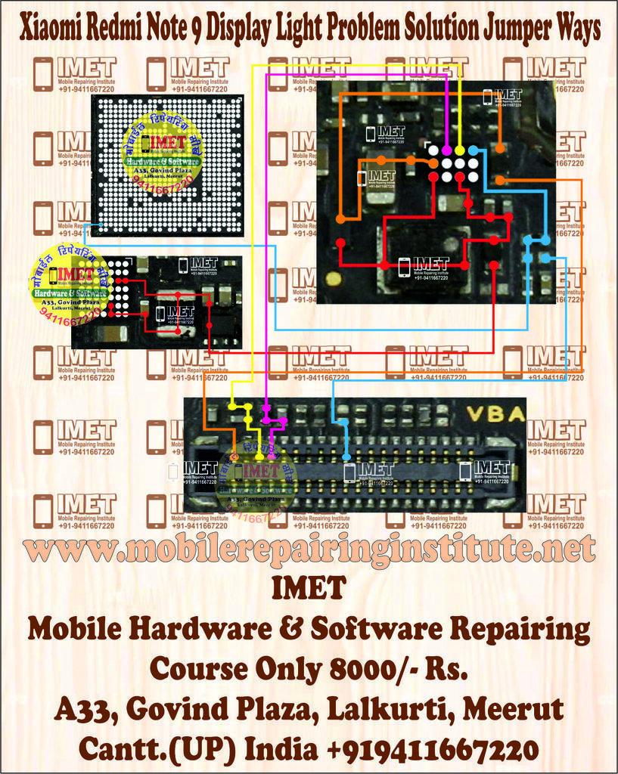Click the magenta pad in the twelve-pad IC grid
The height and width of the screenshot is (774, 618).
click(446, 150)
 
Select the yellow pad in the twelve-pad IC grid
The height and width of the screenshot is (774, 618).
click(459, 150)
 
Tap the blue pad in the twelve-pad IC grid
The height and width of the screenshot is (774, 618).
click(473, 150)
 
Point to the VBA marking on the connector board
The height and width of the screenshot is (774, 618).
click(505, 413)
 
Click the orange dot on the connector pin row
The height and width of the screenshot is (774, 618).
click(234, 457)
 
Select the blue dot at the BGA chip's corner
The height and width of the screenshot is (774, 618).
click(89, 225)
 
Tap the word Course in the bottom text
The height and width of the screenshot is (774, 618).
click(199, 668)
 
